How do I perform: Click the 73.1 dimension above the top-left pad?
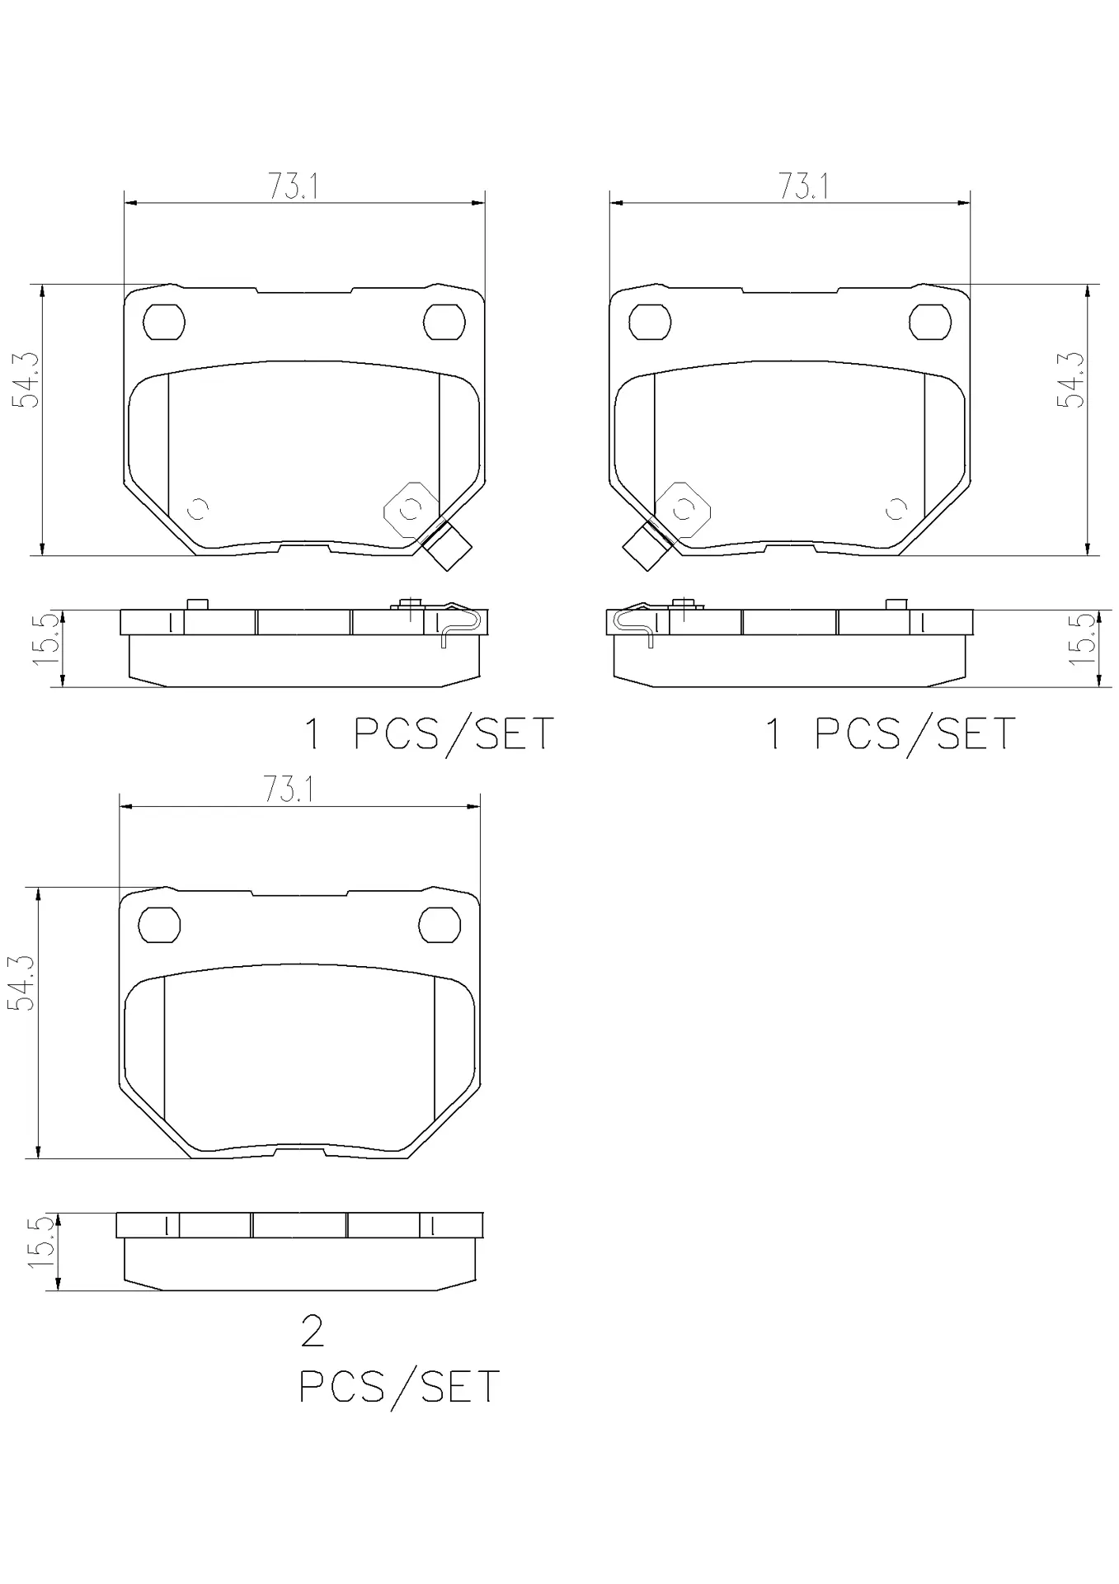click(293, 187)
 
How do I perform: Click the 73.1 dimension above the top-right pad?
click(804, 187)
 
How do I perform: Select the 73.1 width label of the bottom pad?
click(289, 790)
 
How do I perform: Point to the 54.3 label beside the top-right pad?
click(1071, 379)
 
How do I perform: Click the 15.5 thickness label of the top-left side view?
click(48, 639)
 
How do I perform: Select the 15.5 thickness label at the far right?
click(1083, 639)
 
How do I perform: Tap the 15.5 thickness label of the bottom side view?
click(43, 1243)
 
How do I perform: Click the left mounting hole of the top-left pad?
click(163, 322)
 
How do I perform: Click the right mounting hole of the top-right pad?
click(929, 322)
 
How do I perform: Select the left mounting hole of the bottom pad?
click(159, 925)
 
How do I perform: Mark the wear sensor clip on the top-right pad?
click(646, 545)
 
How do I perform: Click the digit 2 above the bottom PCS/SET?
click(313, 1332)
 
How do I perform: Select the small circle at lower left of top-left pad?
click(198, 509)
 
